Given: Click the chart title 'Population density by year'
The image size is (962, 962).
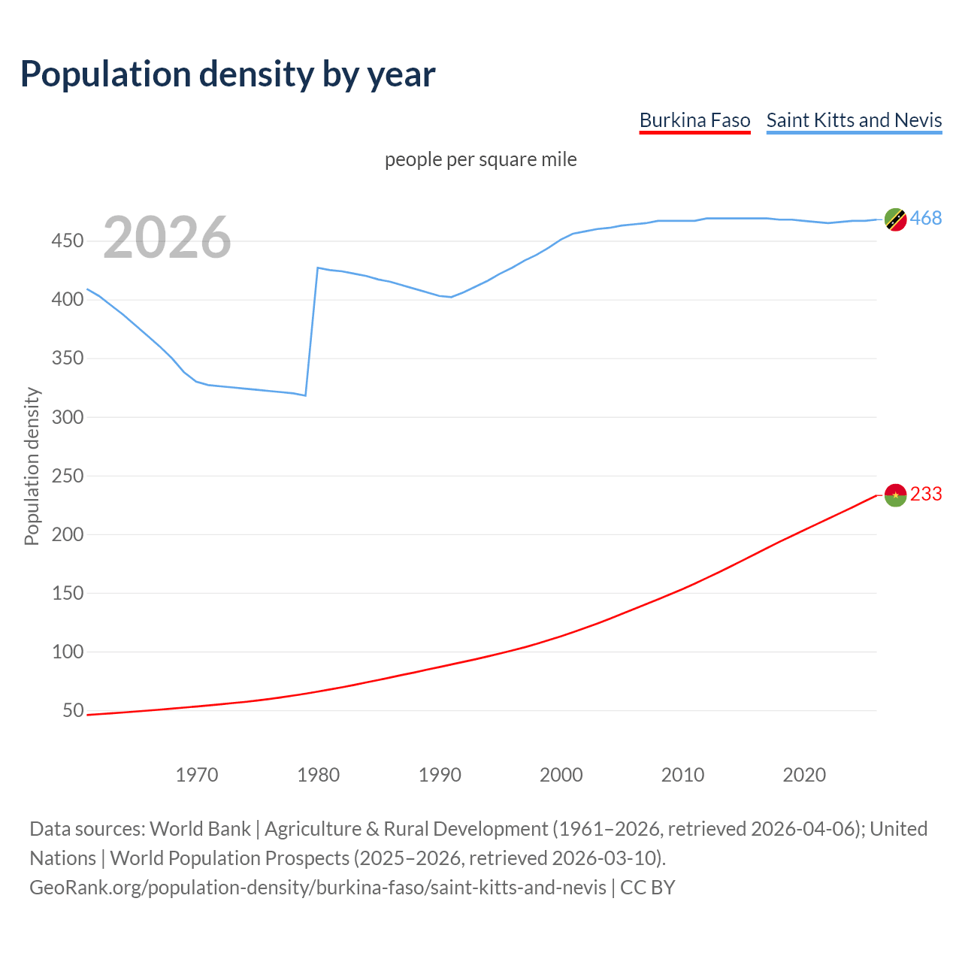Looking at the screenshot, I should click(x=228, y=74).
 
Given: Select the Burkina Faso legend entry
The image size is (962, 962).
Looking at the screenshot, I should click(x=694, y=120).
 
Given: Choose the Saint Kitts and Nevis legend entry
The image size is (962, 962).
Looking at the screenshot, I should click(x=854, y=120).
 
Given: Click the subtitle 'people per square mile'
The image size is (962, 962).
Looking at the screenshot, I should click(x=480, y=159).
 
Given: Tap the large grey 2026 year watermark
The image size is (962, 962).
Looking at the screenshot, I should click(x=167, y=237).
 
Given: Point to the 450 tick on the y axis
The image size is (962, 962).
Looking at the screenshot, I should click(x=67, y=241).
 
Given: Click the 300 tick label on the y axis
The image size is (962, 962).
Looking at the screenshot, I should click(x=67, y=417).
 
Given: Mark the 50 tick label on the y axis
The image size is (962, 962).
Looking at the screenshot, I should click(x=72, y=710).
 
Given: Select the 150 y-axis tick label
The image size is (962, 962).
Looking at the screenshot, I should click(x=67, y=593).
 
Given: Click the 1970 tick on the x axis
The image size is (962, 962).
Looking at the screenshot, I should click(x=197, y=775).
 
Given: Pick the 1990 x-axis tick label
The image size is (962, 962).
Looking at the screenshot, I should click(x=440, y=775).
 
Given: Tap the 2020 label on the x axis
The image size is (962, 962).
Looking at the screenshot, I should click(x=804, y=775).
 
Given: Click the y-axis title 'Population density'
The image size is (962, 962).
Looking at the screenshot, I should click(x=32, y=466).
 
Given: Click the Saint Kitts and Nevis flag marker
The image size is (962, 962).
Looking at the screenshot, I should click(x=895, y=219).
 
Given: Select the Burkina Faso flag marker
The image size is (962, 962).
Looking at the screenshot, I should click(x=895, y=495).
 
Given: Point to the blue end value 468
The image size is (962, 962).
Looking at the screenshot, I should click(x=926, y=219).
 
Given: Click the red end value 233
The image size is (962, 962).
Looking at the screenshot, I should click(x=926, y=495).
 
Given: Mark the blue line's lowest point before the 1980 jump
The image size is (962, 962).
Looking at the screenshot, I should click(x=305, y=395).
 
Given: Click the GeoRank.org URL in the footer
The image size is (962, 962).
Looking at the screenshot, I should click(x=318, y=888).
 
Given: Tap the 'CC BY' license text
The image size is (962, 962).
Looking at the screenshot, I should click(x=648, y=888).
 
